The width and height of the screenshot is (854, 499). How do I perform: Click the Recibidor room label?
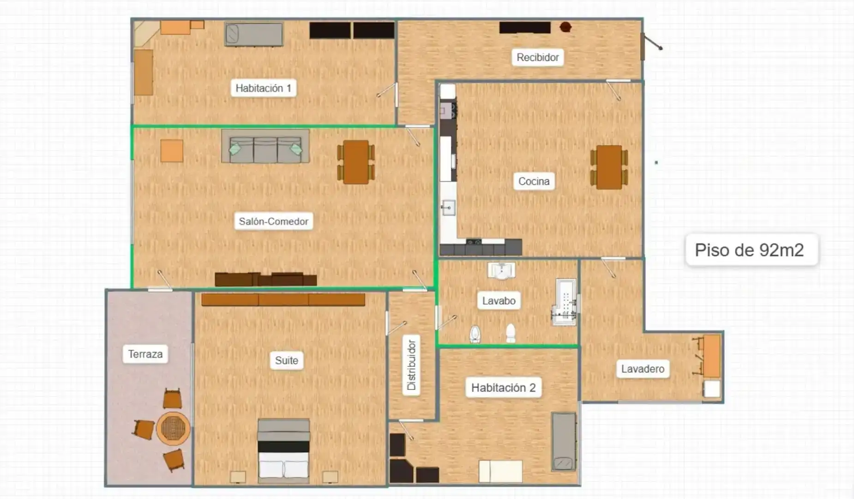point(537,57)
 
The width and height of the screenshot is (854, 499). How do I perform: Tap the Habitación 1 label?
point(263,88)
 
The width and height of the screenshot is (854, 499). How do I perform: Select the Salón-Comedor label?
point(273,221)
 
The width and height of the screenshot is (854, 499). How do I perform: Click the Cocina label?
point(534,181)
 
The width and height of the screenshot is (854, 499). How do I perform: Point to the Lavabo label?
point(499,301)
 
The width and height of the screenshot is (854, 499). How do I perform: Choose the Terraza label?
point(145,354)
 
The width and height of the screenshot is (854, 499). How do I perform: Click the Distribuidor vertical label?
point(411,365)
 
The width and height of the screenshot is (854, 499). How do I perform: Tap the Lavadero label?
point(643,369)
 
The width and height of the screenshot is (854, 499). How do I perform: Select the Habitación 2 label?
point(503,387)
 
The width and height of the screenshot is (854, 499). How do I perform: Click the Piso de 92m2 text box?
point(752,250)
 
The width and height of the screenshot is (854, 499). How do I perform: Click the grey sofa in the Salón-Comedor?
point(265,146)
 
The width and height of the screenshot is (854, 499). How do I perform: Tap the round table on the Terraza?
point(173,428)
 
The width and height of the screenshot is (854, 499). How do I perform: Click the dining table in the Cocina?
point(609,167)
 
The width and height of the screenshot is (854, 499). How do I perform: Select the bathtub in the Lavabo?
point(565,302)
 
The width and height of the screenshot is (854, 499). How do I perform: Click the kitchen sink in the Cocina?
point(448,208)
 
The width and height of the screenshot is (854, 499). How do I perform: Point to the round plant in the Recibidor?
point(565,27)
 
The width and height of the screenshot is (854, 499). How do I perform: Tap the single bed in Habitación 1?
point(253,34)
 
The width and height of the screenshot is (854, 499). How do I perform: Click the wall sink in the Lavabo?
point(501,271)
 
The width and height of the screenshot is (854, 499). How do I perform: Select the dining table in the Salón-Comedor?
point(356,162)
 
